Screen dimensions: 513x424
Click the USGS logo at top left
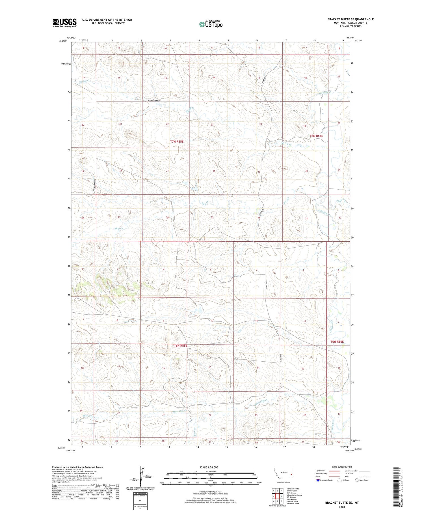tap(64, 23)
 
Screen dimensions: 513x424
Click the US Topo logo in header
tap(211, 24)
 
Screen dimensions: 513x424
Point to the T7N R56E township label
tap(316, 136)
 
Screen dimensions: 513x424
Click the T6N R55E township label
tap(180, 346)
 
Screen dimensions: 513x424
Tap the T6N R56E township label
tap(337, 342)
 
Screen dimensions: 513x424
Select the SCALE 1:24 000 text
tap(209, 467)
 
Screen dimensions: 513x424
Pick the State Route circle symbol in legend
tap(357, 480)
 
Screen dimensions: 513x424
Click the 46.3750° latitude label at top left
tap(62, 41)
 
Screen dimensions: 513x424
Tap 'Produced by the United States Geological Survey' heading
tap(77, 467)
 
